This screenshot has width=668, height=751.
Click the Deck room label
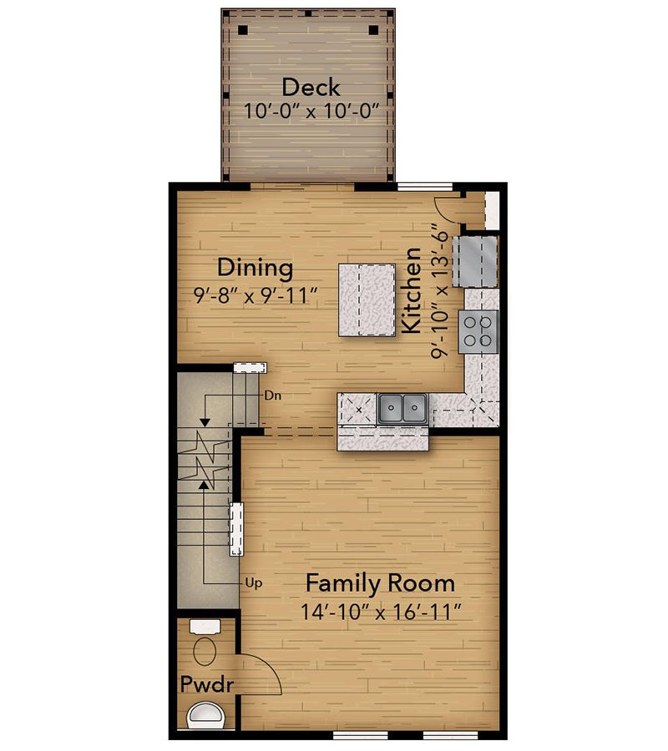[x=311, y=87]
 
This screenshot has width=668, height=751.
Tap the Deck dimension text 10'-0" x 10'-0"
[x=311, y=111]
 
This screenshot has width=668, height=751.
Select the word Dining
[x=255, y=268]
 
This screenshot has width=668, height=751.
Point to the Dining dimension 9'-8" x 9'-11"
[x=256, y=295]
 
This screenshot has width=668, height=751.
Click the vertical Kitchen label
[x=411, y=290]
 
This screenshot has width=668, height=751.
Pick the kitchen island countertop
[x=367, y=300]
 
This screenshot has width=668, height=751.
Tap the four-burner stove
[x=478, y=331]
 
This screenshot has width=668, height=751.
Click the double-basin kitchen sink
[x=402, y=409]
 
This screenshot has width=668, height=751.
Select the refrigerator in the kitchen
[x=475, y=261]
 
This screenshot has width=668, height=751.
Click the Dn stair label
[x=273, y=396]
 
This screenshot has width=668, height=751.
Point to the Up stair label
[x=254, y=583]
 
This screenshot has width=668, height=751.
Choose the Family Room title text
[x=381, y=583]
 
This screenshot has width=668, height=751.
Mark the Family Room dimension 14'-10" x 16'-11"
[x=381, y=612]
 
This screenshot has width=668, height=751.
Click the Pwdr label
[x=207, y=684]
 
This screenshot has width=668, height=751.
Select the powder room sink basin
[x=205, y=716]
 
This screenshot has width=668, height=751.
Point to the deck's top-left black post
[x=243, y=30]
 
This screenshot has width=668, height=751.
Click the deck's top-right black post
[x=374, y=30]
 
